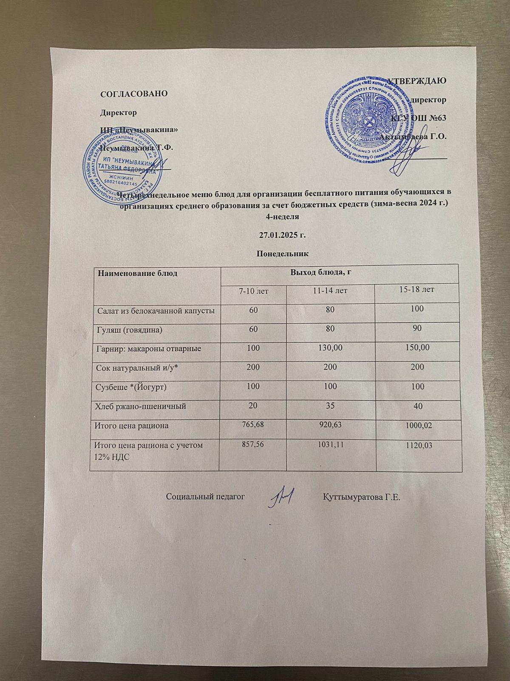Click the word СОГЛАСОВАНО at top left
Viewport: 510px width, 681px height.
(x=133, y=94)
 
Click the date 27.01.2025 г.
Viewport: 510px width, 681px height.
(x=283, y=235)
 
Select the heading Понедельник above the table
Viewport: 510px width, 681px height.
(x=283, y=254)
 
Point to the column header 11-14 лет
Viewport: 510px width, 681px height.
(x=330, y=291)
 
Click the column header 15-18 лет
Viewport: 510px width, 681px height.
(x=417, y=289)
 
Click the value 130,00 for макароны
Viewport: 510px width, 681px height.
(x=330, y=348)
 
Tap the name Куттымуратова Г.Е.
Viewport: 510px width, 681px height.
(x=362, y=497)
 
